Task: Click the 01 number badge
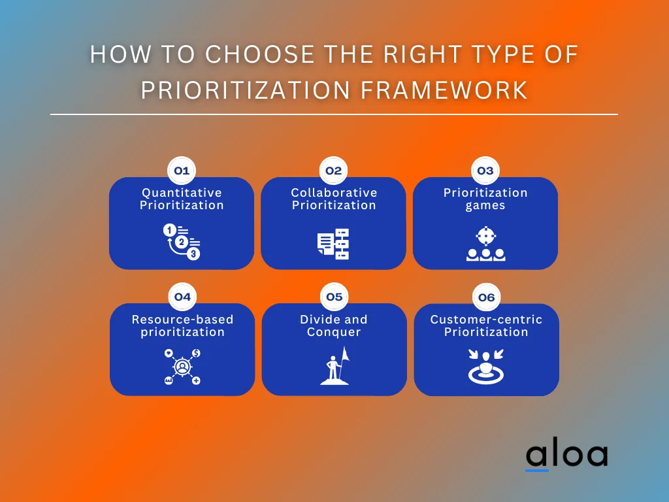182,171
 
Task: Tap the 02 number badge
334,171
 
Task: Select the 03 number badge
485,171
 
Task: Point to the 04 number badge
182,297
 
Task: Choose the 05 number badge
334,297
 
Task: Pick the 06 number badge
486,298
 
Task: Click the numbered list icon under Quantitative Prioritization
182,242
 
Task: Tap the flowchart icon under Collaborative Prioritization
333,244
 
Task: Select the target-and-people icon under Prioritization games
485,244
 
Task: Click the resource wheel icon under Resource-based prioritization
182,367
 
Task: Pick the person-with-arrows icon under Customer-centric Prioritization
486,367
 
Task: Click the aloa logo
566,456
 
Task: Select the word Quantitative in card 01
182,193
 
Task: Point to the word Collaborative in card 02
334,193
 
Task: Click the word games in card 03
485,205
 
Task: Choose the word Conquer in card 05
334,331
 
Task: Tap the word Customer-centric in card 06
486,320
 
